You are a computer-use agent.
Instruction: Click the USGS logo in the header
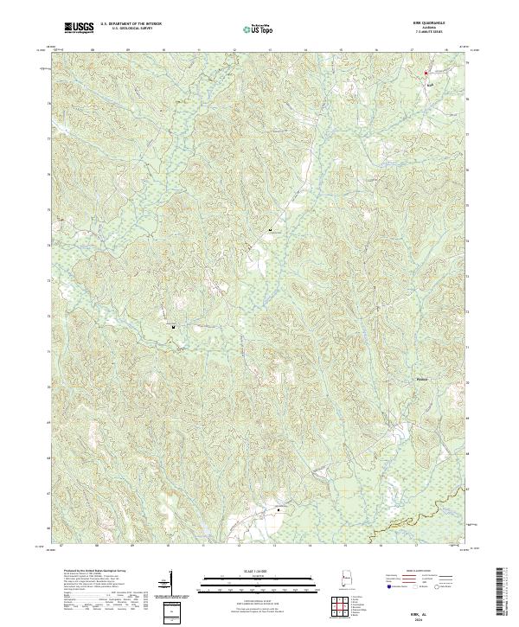80,29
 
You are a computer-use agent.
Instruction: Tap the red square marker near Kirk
426,74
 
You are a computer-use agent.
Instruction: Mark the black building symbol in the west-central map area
173,327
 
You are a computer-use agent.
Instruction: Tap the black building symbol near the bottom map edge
279,511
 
